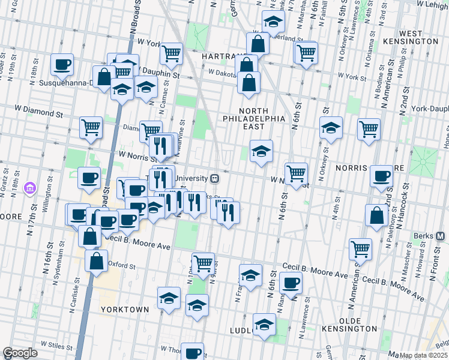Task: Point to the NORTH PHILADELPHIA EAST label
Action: (261, 118)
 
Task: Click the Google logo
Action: (20, 353)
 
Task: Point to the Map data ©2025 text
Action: (423, 355)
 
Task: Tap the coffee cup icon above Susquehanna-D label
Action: (62, 64)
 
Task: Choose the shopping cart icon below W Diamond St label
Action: (91, 127)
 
